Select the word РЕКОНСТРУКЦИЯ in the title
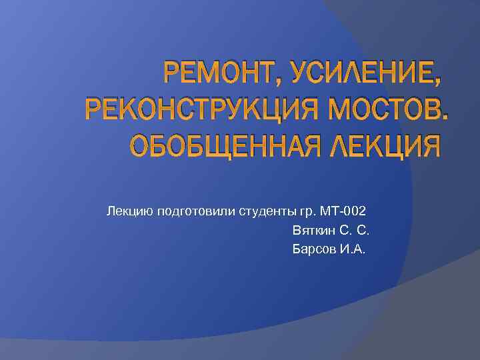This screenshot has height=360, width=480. coord(183,109)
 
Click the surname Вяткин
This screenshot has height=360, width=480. coord(312,231)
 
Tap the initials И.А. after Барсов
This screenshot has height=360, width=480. coord(353,249)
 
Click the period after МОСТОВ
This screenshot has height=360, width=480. coord(444,119)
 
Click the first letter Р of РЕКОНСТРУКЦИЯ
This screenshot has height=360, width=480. coord(93,109)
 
